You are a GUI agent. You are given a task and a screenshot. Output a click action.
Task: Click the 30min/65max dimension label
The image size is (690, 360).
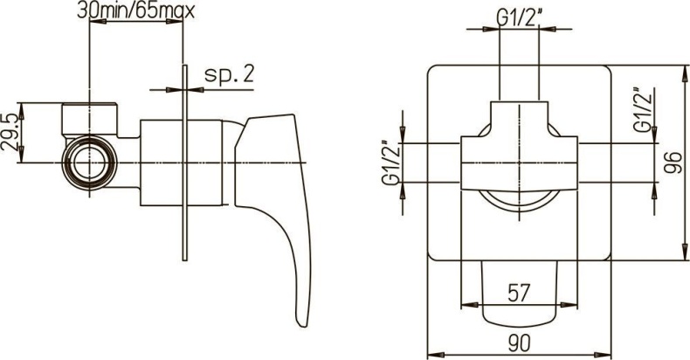(135, 10)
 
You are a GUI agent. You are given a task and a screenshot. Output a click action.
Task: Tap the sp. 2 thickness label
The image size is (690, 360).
(229, 74)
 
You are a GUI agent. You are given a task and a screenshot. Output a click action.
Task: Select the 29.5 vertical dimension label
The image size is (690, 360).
(10, 133)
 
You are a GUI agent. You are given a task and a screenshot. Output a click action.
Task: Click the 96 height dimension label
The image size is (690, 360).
(673, 162)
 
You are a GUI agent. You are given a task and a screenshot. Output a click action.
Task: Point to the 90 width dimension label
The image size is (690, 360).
(519, 343)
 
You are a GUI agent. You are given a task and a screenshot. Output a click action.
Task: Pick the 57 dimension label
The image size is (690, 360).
(519, 293)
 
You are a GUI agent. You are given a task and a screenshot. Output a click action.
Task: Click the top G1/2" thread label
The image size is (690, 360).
(519, 18)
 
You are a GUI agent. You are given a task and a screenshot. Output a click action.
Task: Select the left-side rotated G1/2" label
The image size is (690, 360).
(391, 163)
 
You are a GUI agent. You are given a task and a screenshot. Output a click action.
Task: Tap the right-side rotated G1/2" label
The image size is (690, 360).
(642, 110)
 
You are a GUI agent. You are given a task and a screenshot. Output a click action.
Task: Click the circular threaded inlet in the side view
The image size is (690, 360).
(90, 163)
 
